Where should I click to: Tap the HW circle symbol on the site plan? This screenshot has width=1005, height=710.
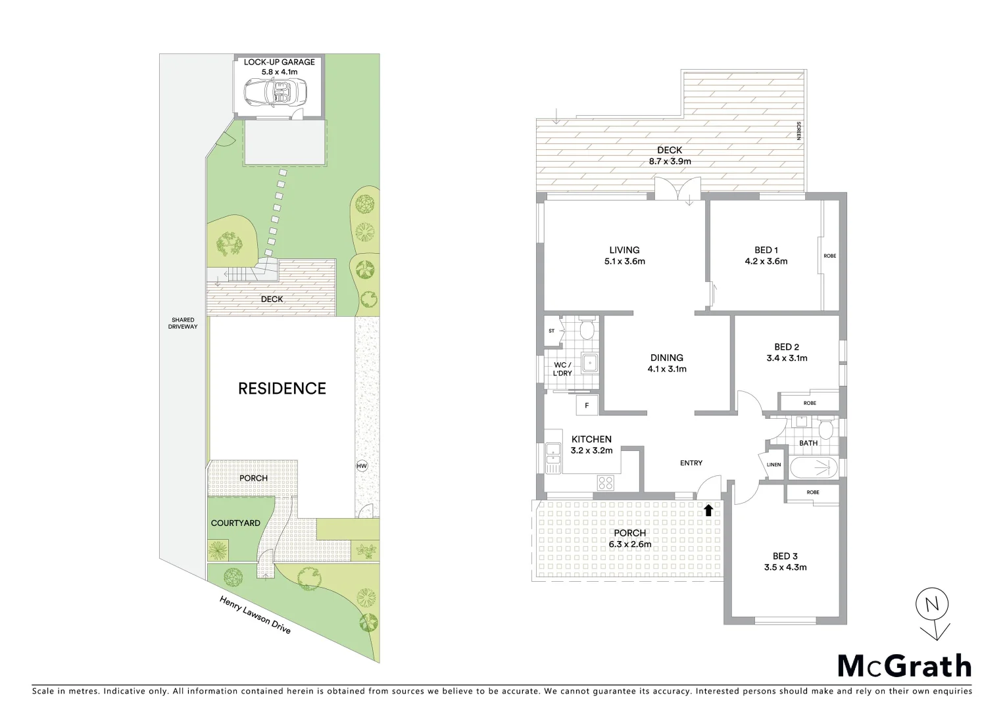coord(361,465)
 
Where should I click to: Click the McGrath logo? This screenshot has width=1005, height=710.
coord(904,665)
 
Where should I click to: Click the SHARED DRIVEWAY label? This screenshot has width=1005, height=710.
coord(183,323)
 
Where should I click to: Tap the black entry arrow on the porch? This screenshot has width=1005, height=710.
coord(708,509)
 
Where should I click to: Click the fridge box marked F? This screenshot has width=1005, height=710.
coord(586,406)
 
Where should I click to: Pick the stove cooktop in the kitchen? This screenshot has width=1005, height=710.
coord(605,483)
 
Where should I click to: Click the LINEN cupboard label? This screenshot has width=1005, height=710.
coord(773,465)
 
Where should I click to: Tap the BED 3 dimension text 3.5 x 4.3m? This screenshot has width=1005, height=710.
coord(785,567)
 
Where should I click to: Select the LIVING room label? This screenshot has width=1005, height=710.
coord(624,250)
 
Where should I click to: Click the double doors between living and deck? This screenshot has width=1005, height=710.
coord(677,193)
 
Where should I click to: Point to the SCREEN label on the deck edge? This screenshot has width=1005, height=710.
coord(798,131)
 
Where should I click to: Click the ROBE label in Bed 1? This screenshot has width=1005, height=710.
coord(830,256)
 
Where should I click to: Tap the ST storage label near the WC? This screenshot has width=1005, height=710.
coord(551,331)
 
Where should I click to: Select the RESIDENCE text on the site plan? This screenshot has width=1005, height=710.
coord(282,389)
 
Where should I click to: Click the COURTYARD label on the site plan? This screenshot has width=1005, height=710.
coord(235,523)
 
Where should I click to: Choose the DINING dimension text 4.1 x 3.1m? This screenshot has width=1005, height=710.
coord(667,369)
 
